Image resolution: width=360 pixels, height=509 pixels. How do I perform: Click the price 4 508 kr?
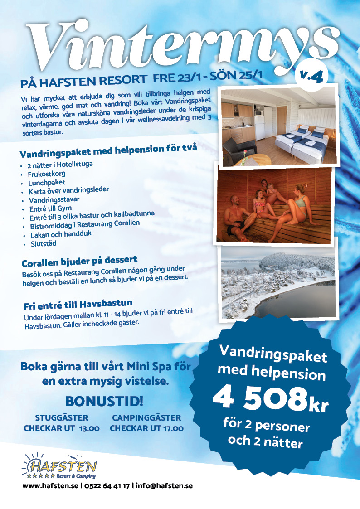(270, 399)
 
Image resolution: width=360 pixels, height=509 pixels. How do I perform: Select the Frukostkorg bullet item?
(47, 174)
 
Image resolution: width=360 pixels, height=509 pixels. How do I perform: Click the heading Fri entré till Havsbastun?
(78, 303)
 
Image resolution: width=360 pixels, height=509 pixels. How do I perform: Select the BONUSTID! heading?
(104, 401)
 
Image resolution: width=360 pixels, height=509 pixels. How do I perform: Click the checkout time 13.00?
(89, 428)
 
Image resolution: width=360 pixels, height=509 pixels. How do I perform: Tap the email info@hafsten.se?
(164, 485)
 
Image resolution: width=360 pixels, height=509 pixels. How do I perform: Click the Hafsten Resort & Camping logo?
(60, 467)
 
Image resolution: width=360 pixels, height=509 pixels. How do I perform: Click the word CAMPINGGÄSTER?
(146, 418)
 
